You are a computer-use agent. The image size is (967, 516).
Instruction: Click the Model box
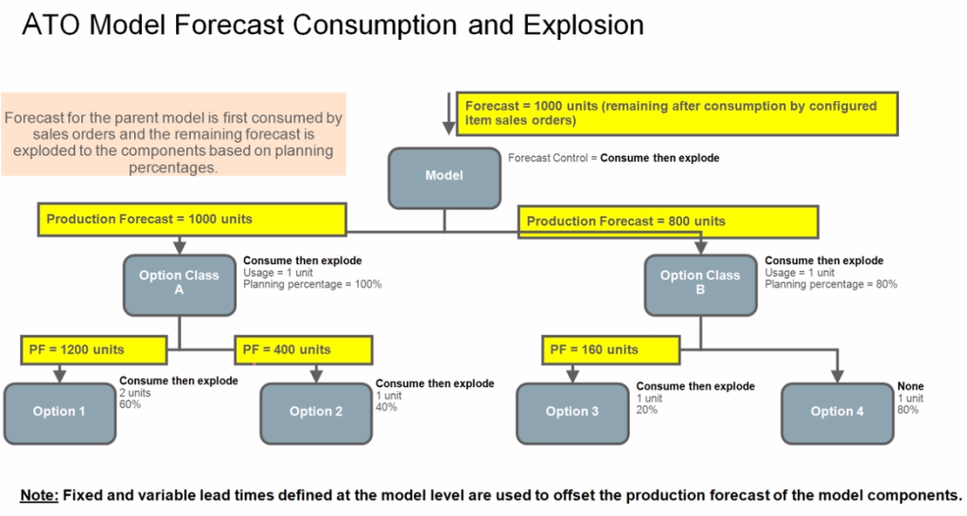coord(445,176)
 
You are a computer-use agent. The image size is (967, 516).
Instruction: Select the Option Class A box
coord(179,283)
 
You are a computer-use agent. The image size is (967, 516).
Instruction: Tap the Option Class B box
coord(700,283)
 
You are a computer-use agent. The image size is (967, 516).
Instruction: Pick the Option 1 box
coord(60,411)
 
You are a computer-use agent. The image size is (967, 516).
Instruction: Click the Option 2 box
coord(316,411)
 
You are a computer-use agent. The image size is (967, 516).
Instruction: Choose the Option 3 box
coord(572,411)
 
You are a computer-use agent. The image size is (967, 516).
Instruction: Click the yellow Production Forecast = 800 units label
coord(626,222)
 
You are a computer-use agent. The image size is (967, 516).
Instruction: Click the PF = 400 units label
coord(287,349)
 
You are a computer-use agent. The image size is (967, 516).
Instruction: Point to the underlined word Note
coord(39,495)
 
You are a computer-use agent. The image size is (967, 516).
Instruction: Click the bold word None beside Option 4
coord(910,386)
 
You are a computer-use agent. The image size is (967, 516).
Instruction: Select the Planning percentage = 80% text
coord(831,284)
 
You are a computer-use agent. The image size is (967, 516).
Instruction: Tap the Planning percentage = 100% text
coord(312,284)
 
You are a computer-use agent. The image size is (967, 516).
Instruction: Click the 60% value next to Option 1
coord(130,404)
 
